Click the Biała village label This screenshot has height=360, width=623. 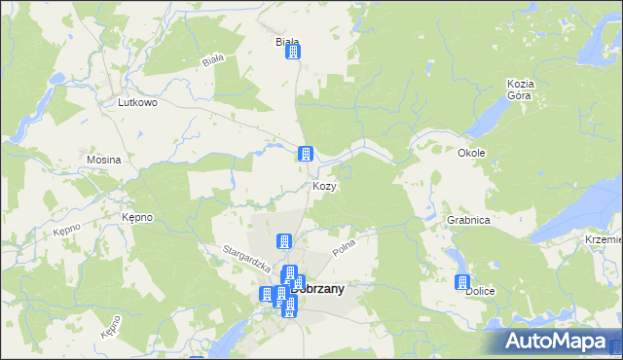click(x=286, y=43)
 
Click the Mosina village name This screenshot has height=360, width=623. click(x=103, y=159)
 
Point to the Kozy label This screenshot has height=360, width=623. click(x=324, y=186)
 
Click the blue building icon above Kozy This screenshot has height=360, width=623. click(x=305, y=154)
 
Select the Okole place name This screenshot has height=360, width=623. click(x=471, y=153)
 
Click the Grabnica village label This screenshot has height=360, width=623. click(x=468, y=221)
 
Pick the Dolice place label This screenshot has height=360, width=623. click(x=481, y=291)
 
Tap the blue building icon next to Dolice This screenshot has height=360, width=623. click(x=462, y=282)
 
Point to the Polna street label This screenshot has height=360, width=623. click(x=346, y=245)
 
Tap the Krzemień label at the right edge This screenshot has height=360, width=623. click(x=603, y=239)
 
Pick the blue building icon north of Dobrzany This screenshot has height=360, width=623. click(x=284, y=241)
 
